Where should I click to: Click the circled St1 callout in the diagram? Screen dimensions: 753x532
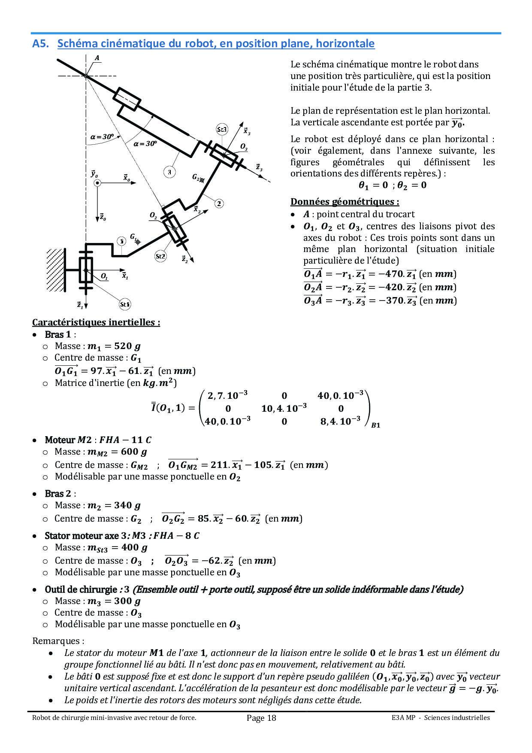[x=124, y=304]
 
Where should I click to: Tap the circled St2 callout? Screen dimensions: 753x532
[x=160, y=256]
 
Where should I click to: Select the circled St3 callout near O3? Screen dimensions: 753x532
[x=222, y=129]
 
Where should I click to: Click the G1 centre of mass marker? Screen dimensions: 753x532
[x=138, y=242]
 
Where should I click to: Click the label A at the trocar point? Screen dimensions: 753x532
[x=97, y=58]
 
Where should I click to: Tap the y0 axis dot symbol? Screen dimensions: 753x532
[x=97, y=183]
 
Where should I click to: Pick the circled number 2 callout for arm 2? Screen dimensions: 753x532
[x=219, y=203]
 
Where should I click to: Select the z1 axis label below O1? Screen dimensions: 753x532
[x=80, y=305]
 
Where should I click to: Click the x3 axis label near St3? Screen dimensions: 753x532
[x=247, y=131]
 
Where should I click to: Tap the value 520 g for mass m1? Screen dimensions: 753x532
[x=125, y=346]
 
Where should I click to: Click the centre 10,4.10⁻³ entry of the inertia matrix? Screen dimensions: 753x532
[x=284, y=408]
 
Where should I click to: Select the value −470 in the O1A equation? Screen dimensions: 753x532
[x=390, y=274]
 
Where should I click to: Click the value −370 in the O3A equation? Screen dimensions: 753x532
[x=390, y=301]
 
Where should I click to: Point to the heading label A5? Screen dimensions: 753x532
[x=41, y=44]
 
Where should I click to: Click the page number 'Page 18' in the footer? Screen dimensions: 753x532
[x=262, y=718]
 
